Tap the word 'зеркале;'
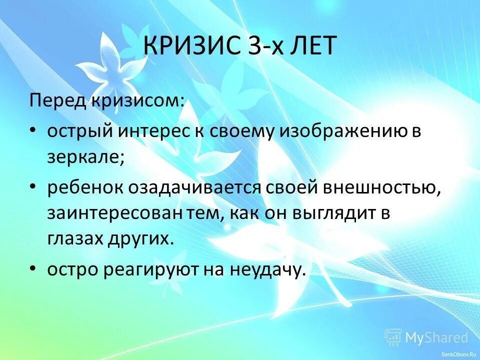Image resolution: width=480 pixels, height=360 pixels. (x=86, y=157)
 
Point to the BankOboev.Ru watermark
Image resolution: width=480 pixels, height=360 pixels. (x=458, y=354)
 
